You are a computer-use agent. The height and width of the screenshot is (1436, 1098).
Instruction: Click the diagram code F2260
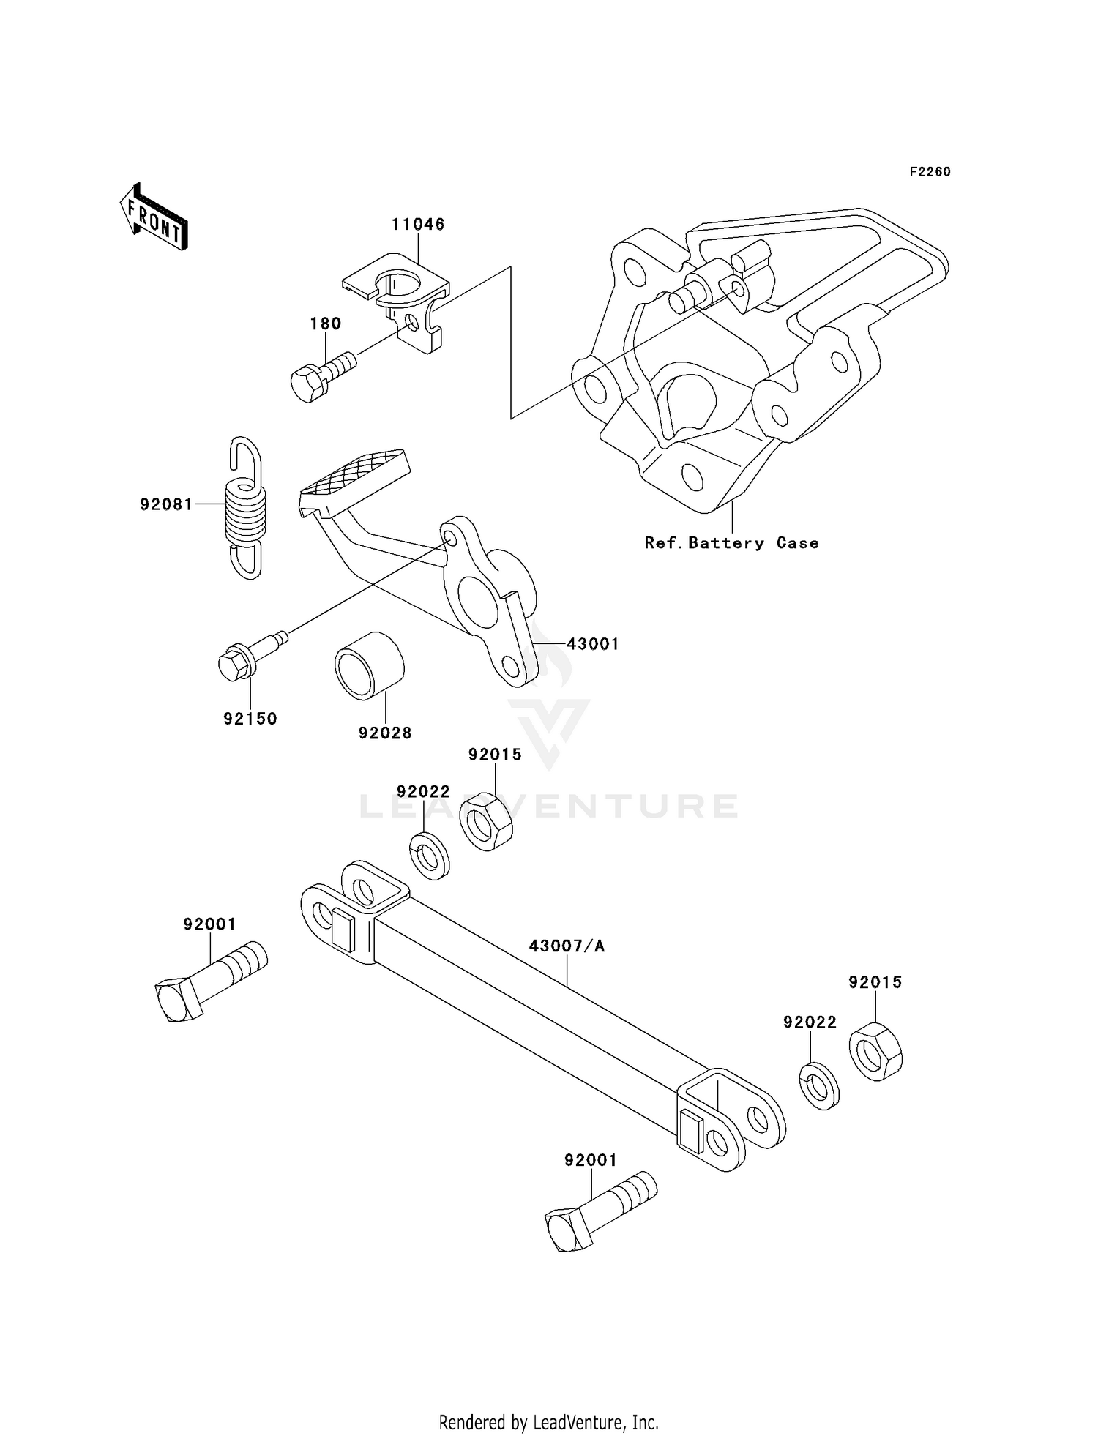pos(930,172)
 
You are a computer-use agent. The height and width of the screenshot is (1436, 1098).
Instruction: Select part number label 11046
pos(418,225)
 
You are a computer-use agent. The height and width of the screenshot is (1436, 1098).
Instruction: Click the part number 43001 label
pos(593,644)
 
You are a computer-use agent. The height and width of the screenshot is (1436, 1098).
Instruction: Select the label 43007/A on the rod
pos(567,946)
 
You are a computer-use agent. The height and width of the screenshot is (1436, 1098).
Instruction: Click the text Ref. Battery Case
pos(731,543)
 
